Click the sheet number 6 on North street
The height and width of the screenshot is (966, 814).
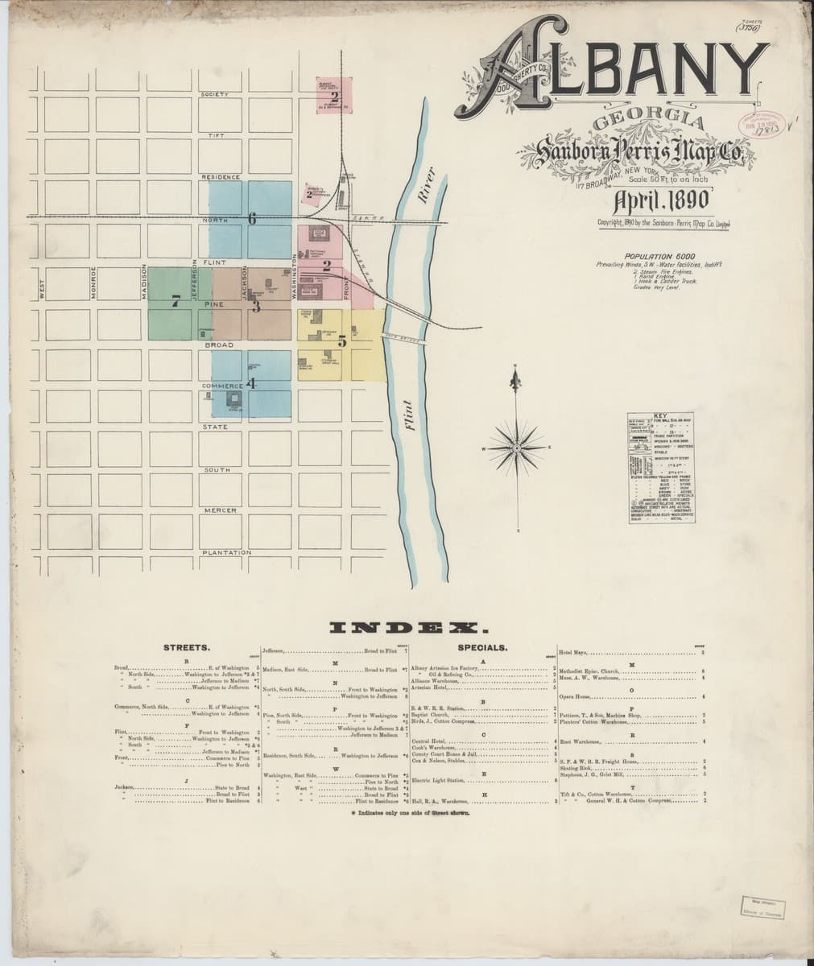click(252, 218)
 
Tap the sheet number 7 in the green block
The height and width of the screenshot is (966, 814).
click(175, 303)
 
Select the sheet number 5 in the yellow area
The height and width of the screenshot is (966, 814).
click(342, 341)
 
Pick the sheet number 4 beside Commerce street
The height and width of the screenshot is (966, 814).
click(251, 384)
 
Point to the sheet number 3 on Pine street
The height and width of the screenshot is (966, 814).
click(256, 306)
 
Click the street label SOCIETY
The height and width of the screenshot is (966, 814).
click(215, 95)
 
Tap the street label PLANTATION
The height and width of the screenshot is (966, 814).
click(226, 553)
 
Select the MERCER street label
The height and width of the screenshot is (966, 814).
click(219, 511)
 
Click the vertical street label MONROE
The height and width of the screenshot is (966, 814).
click(93, 283)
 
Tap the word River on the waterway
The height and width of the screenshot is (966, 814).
click(427, 182)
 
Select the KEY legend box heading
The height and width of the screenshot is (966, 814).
click(661, 415)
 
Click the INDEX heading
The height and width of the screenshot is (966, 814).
click(407, 627)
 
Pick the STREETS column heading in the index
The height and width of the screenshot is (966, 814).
click(187, 646)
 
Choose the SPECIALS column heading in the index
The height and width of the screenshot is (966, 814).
click(482, 646)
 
